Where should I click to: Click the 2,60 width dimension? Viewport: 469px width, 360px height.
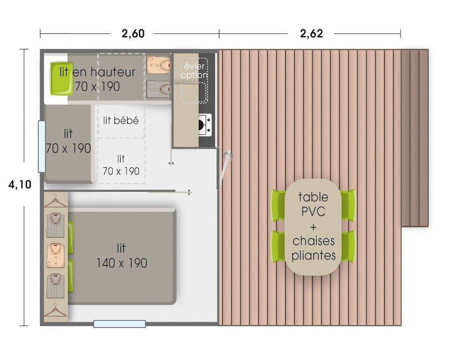(133, 33)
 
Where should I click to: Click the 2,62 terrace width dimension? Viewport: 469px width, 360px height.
(311, 33)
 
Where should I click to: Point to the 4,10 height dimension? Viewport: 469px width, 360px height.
(20, 185)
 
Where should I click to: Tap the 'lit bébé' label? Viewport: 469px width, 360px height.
(121, 120)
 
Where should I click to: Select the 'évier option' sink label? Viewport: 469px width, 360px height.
(195, 70)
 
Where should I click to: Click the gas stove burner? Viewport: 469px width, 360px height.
(205, 124)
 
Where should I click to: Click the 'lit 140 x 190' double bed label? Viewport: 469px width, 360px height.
(121, 255)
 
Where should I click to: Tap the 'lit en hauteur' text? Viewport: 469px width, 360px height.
(98, 72)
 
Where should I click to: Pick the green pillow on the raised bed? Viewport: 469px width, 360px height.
(61, 79)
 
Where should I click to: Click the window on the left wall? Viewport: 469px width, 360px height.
(42, 147)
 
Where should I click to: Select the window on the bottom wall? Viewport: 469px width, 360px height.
(120, 324)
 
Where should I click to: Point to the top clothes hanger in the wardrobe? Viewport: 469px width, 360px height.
(56, 201)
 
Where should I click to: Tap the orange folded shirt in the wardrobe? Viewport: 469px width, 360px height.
(56, 255)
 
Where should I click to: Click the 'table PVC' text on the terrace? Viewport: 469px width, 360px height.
(313, 204)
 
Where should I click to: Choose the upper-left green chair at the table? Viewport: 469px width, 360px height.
(278, 205)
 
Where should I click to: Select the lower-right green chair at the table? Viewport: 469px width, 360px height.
(348, 246)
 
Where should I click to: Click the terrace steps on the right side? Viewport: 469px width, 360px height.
(415, 138)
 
